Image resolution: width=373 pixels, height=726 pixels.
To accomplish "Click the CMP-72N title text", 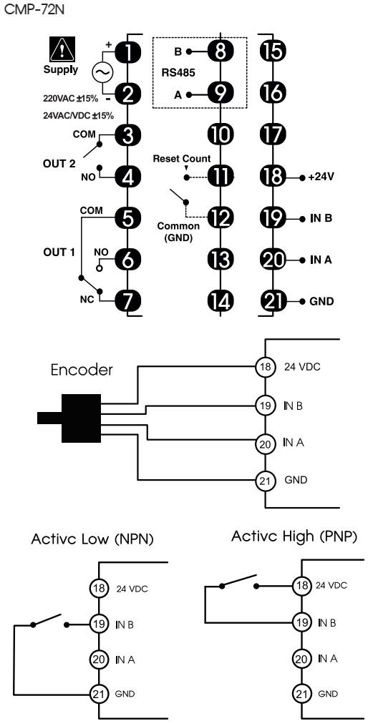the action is tap(32, 9).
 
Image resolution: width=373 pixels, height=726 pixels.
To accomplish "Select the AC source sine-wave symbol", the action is tap(102, 72).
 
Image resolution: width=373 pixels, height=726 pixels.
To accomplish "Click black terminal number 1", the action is tap(127, 51).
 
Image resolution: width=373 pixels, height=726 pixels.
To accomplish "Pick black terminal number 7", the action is tap(127, 300).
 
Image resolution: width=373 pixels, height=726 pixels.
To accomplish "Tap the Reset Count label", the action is tap(182, 159).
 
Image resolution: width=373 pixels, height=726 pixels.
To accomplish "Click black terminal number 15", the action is tap(273, 51).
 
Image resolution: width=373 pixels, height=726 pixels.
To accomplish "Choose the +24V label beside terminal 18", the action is tap(320, 177).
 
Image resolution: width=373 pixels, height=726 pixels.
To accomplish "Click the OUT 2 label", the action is tap(60, 165).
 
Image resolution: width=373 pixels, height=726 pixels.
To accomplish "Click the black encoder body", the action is tap(82, 418).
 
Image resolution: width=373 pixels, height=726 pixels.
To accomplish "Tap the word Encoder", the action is tap(82, 371).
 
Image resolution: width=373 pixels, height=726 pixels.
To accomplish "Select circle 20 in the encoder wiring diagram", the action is tap(264, 443).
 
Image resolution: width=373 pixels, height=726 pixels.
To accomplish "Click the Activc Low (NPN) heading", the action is tap(92, 540).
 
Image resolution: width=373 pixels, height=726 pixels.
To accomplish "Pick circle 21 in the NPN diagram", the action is tap(98, 694).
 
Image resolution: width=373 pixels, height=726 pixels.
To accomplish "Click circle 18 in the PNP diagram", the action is tap(301, 585).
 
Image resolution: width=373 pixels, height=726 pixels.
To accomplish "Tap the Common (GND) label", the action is tap(178, 232).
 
